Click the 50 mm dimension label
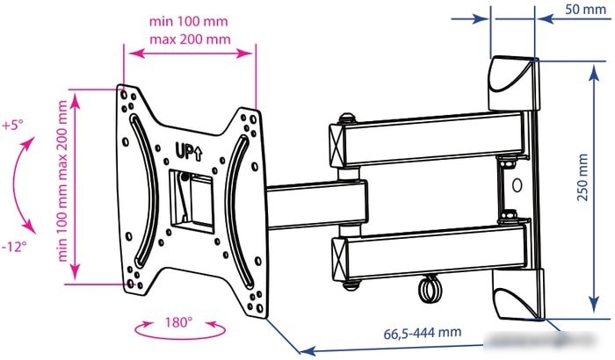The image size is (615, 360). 585,9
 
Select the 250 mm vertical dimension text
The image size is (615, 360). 582,177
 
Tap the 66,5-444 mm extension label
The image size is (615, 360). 422,333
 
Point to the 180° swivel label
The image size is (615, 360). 178,322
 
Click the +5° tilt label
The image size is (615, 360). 12,126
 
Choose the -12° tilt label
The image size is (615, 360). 14,247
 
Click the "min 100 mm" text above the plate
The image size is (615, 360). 188,21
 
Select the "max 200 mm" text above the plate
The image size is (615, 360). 191,40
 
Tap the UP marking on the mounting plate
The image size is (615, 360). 189,151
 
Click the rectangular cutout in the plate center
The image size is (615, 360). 192,198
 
